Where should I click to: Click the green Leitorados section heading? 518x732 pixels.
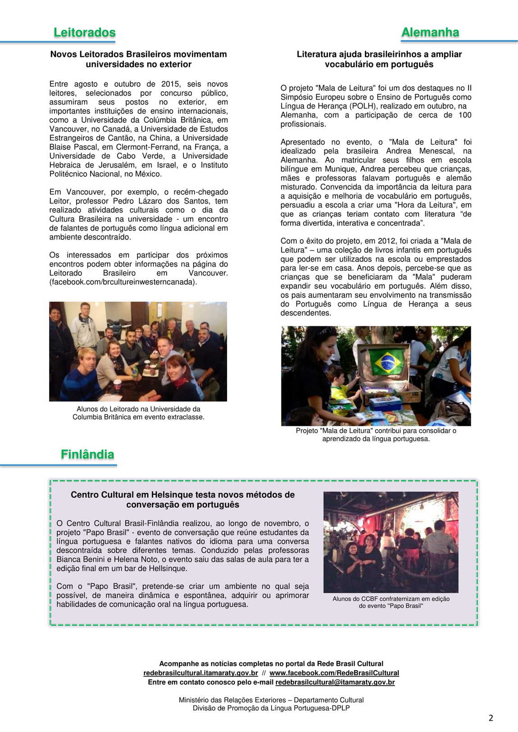click(85, 32)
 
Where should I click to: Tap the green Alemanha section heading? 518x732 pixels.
click(430, 32)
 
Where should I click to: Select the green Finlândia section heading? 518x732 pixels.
click(87, 454)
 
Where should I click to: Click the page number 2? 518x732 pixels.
click(491, 718)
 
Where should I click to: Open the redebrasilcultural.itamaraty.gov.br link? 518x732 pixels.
click(200, 673)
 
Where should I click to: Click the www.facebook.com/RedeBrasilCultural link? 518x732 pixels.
click(334, 673)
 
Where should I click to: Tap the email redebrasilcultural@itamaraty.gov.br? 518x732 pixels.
click(335, 682)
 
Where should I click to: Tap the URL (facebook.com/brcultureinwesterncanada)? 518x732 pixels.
click(123, 282)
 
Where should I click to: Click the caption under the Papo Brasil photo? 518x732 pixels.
click(391, 602)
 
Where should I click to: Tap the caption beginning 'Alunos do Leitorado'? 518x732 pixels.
click(138, 413)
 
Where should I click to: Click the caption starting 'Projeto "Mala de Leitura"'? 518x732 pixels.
click(376, 434)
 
